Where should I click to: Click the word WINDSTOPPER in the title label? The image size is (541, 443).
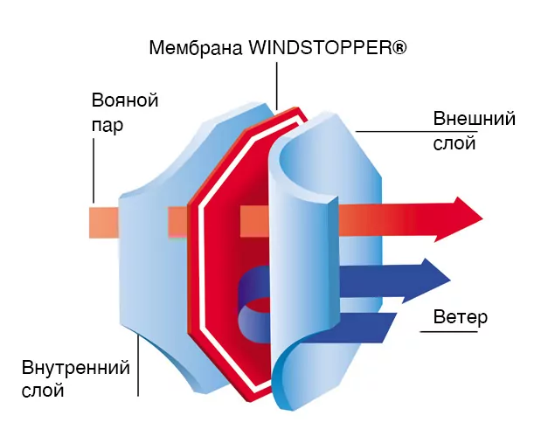pyautogui.click(x=320, y=47)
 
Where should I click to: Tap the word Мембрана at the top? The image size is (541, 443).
pyautogui.click(x=196, y=47)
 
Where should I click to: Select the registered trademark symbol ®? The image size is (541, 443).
pyautogui.click(x=399, y=47)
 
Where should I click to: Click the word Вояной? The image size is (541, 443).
pyautogui.click(x=125, y=100)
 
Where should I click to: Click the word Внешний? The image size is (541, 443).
pyautogui.click(x=475, y=118)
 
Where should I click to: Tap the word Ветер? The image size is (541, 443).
pyautogui.click(x=461, y=316)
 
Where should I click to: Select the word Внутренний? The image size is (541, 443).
pyautogui.click(x=76, y=367)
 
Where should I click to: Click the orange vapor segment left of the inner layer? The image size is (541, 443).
pyautogui.click(x=104, y=223)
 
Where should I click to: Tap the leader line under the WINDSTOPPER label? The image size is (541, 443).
pyautogui.click(x=276, y=86)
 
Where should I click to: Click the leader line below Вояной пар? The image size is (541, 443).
pyautogui.click(x=94, y=170)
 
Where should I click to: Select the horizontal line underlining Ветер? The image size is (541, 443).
pyautogui.click(x=448, y=332)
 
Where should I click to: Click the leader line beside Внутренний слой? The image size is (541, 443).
pyautogui.click(x=138, y=365)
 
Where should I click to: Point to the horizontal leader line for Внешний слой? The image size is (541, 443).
pyautogui.click(x=416, y=131)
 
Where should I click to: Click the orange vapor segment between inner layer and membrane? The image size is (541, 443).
pyautogui.click(x=178, y=222)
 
